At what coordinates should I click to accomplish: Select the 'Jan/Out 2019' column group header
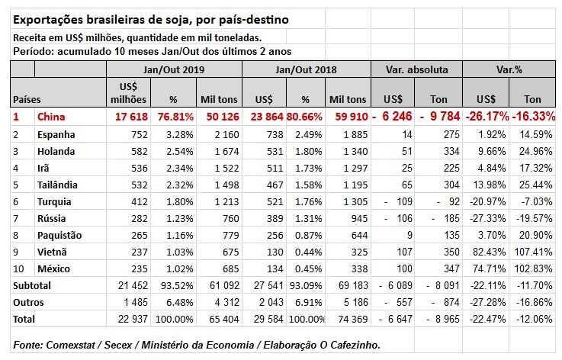tap(173, 69)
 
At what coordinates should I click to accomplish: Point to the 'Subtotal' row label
tap(30, 285)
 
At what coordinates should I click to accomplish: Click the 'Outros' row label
tap(25, 302)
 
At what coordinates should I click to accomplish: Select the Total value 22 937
tap(128, 319)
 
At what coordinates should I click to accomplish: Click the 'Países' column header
tap(27, 99)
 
